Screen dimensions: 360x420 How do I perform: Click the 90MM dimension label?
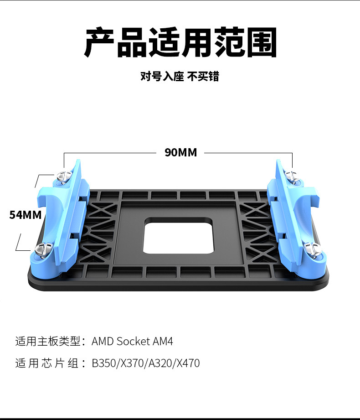181,152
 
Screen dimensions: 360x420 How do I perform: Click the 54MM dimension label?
26,214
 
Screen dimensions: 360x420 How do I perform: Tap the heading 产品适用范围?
180,43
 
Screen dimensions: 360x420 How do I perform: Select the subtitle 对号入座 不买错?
180,77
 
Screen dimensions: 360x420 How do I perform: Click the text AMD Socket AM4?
132,342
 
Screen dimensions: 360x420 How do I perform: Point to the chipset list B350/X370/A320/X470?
145,363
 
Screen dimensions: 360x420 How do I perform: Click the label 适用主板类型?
47,342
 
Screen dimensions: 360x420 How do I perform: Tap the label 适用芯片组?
47,363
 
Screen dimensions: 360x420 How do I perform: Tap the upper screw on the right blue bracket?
291,175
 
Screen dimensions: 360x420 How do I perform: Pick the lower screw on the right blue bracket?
313,249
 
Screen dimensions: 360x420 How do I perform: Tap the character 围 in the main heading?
261,43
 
